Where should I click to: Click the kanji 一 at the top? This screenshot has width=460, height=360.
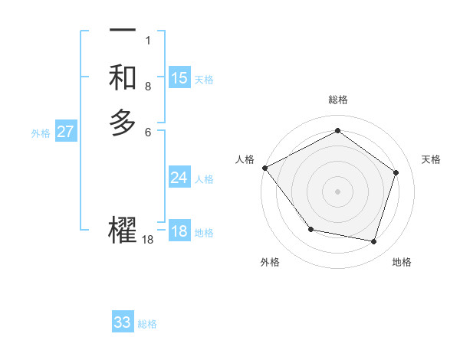click(123, 31)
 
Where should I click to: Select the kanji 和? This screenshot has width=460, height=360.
click(123, 77)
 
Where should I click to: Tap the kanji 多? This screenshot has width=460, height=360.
click(123, 123)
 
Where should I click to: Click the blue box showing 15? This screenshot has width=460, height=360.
click(179, 77)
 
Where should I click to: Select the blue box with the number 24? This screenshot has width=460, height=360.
click(179, 178)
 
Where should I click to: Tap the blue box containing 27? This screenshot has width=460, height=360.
click(66, 132)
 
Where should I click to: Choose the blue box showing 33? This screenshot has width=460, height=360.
click(123, 322)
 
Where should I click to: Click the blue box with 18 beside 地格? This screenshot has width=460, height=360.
click(179, 231)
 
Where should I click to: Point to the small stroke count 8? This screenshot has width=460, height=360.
click(148, 87)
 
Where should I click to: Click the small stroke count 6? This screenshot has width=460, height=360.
click(148, 132)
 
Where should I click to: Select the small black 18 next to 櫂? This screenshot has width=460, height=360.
click(148, 240)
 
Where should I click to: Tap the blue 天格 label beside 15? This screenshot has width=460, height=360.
click(204, 79)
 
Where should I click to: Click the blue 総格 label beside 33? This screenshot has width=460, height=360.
click(147, 324)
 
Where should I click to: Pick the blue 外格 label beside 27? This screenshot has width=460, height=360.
click(41, 133)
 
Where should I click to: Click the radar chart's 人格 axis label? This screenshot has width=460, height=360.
click(245, 159)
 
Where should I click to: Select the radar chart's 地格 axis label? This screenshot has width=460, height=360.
click(402, 262)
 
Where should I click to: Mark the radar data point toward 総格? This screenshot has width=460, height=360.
click(337, 131)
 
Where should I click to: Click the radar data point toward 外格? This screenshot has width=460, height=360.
click(310, 228)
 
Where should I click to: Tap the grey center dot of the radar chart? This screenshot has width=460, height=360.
click(337, 191)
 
